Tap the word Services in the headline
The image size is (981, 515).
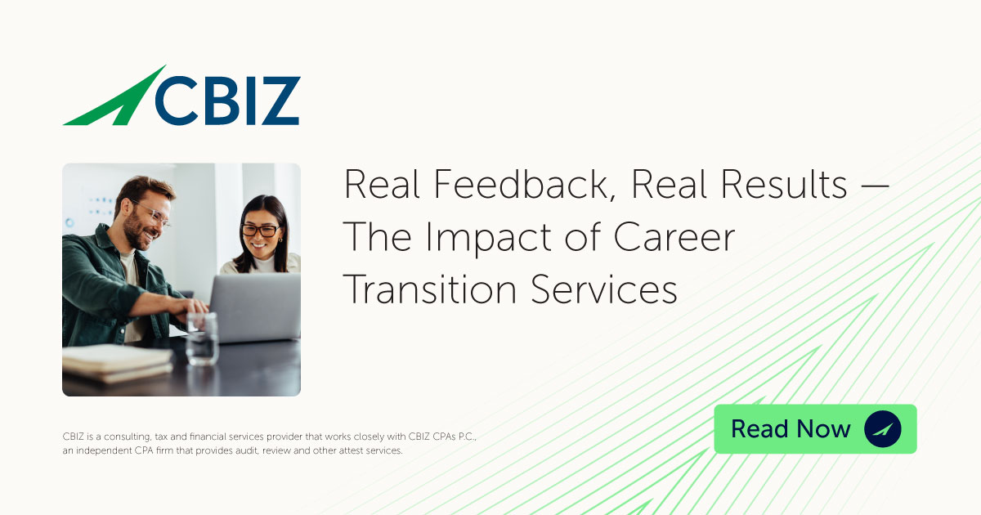click(x=604, y=289)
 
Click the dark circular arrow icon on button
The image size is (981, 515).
click(x=882, y=428)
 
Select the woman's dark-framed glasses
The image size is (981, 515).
click(x=261, y=230)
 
